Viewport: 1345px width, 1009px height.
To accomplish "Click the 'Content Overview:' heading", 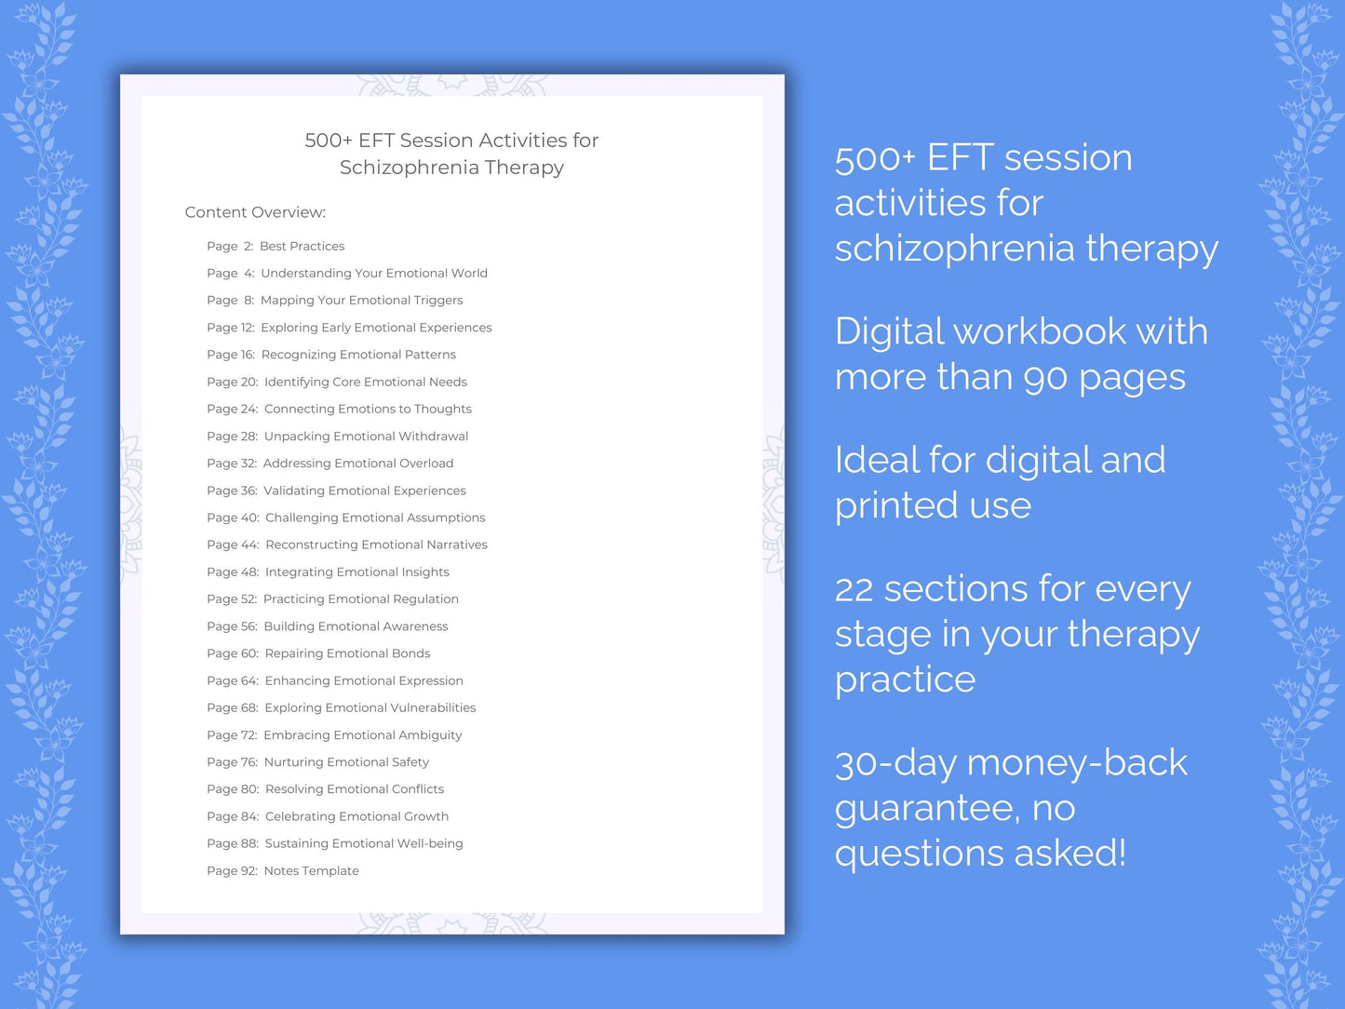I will tap(255, 212).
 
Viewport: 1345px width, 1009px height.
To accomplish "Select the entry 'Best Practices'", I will tap(302, 247).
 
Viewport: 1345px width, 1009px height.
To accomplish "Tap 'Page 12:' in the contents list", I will tap(230, 328).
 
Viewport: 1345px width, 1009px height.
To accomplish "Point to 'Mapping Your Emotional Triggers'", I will tap(361, 301).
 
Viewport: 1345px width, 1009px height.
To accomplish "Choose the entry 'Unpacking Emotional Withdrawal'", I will tap(366, 437).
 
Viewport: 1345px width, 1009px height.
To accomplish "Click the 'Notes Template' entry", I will tap(311, 871).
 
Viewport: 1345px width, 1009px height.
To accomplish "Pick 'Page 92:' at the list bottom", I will tap(232, 871).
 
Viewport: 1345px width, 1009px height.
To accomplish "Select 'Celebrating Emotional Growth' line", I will tap(356, 816).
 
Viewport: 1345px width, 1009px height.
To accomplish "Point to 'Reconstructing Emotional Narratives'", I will tap(376, 545).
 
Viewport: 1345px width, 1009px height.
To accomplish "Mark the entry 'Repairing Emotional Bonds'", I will tap(347, 653).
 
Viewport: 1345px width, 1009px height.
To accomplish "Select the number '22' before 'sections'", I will tap(854, 589).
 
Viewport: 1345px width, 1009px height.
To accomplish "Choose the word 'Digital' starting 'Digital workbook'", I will tap(889, 331).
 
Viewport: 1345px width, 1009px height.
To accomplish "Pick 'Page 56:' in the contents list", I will tap(232, 626).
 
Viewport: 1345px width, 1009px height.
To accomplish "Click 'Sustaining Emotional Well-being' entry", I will tap(363, 843).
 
